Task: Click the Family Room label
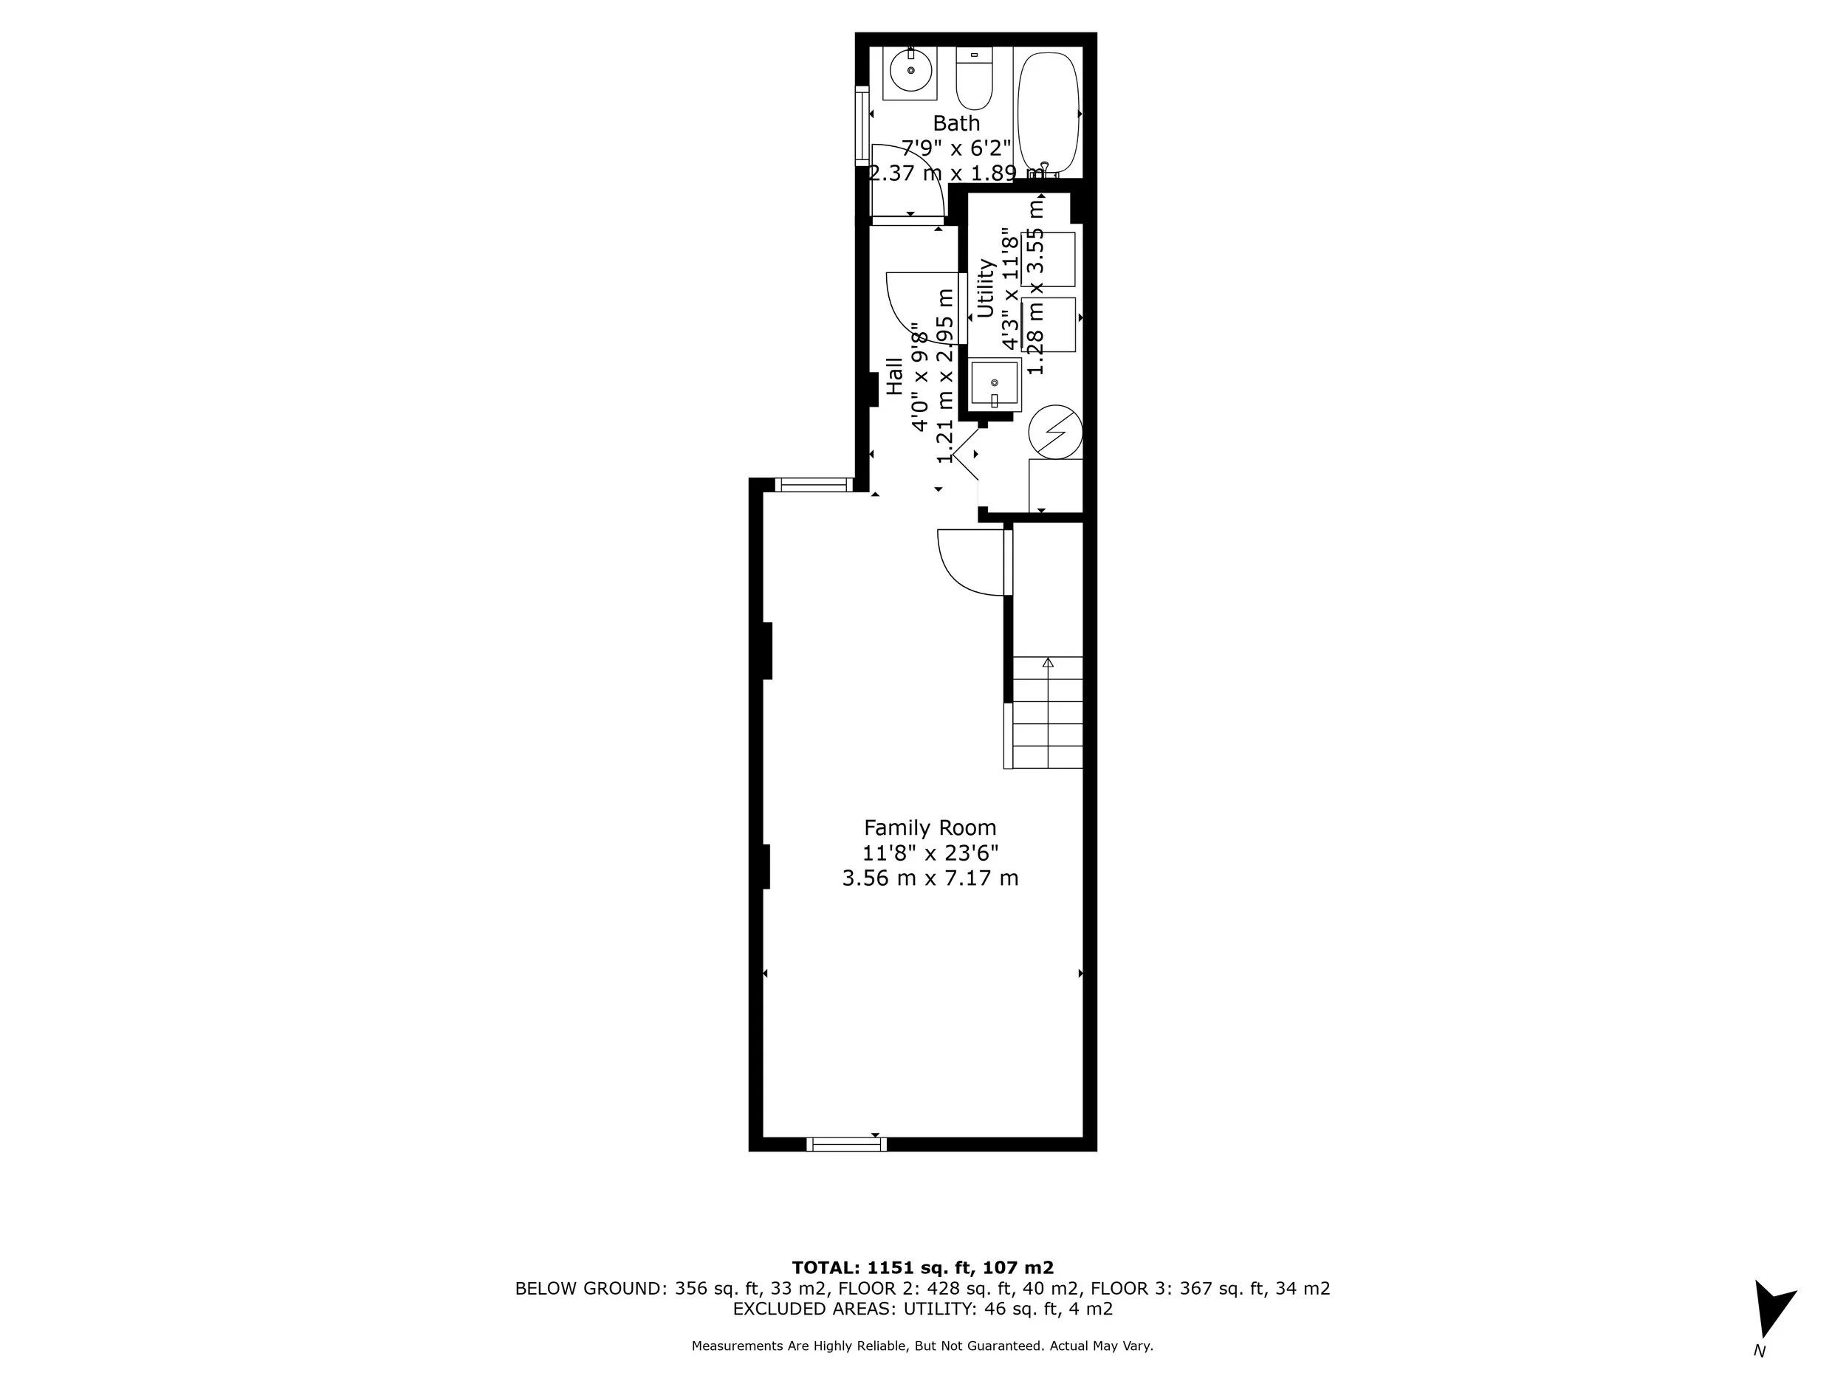(x=930, y=827)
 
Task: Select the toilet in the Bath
(x=973, y=82)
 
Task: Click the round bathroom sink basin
(x=910, y=71)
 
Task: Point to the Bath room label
(x=956, y=123)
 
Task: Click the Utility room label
(x=986, y=288)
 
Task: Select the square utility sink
(x=994, y=384)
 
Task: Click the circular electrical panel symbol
(x=1055, y=432)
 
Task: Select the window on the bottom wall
(x=846, y=1145)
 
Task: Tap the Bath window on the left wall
(x=862, y=123)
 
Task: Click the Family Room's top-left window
(x=814, y=485)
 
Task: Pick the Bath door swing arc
(x=908, y=179)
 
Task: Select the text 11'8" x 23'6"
(x=930, y=853)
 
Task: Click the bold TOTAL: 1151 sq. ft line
(x=922, y=1267)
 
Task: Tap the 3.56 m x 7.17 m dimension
(x=930, y=878)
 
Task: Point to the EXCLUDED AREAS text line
(x=922, y=1308)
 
